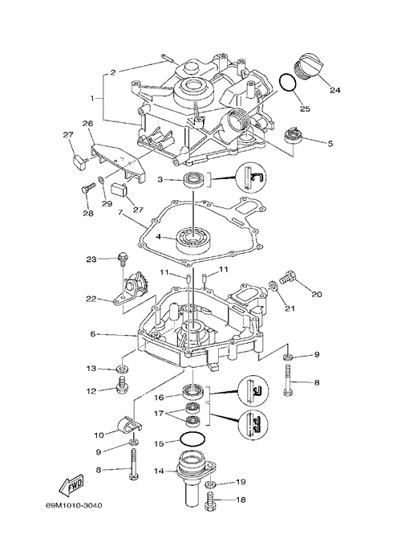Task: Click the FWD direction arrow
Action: tap(71, 487)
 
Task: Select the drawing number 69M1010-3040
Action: tap(74, 505)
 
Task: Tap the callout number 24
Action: tap(335, 90)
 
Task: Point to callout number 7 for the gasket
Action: tap(119, 213)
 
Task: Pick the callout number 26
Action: tap(87, 124)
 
